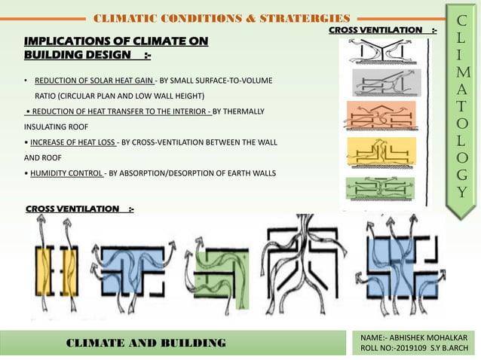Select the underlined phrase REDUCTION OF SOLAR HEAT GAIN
coord(94,80)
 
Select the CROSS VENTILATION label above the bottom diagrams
coord(73,207)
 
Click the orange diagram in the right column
coord(381,116)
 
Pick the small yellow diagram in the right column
coord(381,152)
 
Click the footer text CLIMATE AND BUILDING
coord(146,343)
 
